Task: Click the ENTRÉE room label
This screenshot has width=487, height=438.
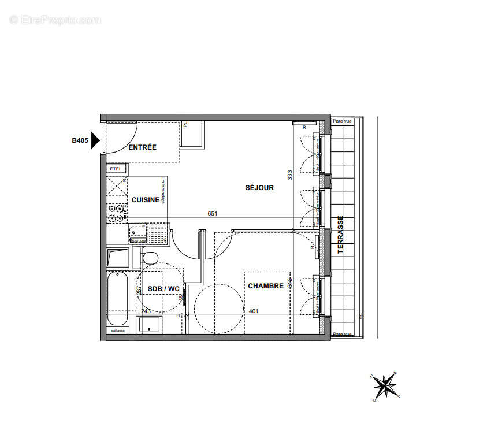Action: coord(142,147)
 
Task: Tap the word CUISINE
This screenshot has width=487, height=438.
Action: coord(146,199)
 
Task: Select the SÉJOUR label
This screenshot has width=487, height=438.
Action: coord(259,188)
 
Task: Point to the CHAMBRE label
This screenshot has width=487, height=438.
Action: coord(266,286)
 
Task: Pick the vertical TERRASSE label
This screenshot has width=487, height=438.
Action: coord(340,235)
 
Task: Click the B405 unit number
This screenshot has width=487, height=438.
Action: coord(80,140)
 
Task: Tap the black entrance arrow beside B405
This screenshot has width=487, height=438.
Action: coord(96,140)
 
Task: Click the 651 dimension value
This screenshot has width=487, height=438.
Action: coord(213,214)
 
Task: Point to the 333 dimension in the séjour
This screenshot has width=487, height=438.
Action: coord(289,175)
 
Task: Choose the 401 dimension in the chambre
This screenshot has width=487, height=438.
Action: coord(253,311)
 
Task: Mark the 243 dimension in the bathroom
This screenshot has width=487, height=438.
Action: coord(146,311)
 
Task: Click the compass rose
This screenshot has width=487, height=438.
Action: coord(385,385)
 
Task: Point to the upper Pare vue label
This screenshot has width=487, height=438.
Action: coord(342,121)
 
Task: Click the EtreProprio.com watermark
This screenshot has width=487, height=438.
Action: coord(55,20)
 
